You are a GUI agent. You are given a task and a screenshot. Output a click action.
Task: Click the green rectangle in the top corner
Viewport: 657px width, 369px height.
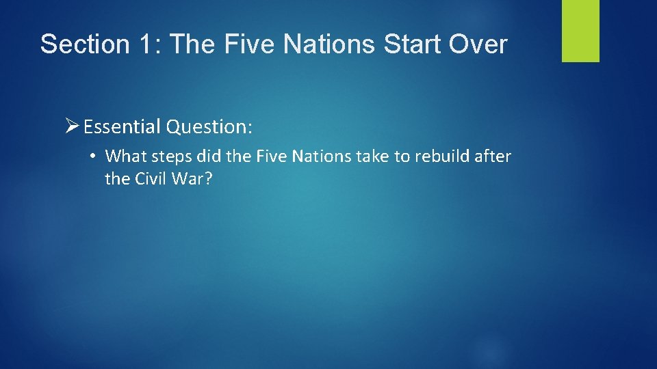pyautogui.click(x=580, y=31)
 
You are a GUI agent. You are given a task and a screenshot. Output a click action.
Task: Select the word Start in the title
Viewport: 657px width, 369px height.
pyautogui.click(x=404, y=44)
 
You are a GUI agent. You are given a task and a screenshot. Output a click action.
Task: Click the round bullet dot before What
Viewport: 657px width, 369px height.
pyautogui.click(x=92, y=156)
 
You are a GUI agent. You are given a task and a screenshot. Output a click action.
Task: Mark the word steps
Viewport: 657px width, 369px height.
pyautogui.click(x=171, y=157)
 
